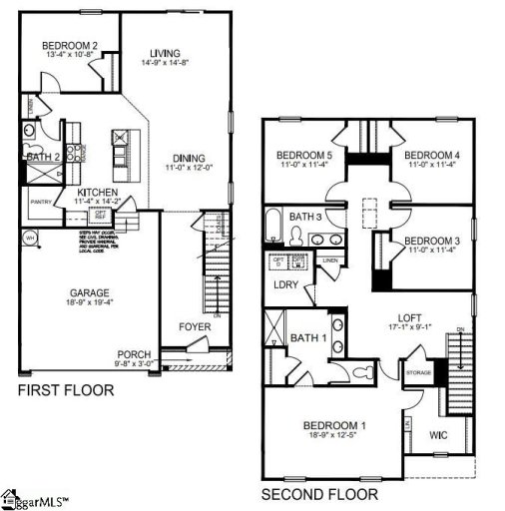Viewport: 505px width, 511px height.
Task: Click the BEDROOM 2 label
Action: [x=70, y=46]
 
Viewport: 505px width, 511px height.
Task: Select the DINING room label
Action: [x=188, y=158]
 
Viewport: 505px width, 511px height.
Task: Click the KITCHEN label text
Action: [x=98, y=192]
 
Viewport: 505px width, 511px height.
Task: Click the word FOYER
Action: [x=195, y=326]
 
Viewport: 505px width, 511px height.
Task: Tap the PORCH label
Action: [x=134, y=354]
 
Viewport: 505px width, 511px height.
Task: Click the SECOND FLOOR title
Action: [x=319, y=494]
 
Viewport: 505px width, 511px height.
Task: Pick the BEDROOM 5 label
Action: [x=304, y=155]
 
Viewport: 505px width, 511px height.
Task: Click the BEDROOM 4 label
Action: [x=431, y=155]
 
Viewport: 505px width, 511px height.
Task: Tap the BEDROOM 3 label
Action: [x=431, y=241]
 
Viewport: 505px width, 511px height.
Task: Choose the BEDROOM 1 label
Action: [x=334, y=427]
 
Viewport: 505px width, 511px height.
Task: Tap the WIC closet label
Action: [x=438, y=436]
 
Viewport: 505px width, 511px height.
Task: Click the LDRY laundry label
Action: [x=286, y=284]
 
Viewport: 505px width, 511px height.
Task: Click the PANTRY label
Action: [x=41, y=202]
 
